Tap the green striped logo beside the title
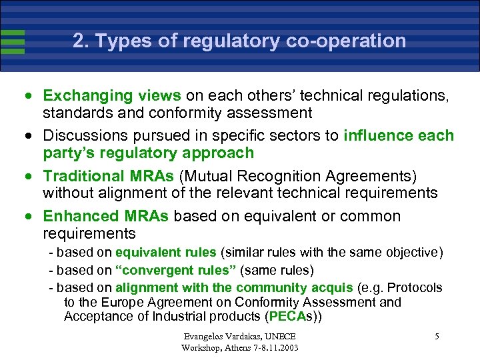tap(13, 41)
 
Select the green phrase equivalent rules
tap(165, 253)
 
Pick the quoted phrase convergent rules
tap(175, 271)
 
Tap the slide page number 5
tap(437, 337)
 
